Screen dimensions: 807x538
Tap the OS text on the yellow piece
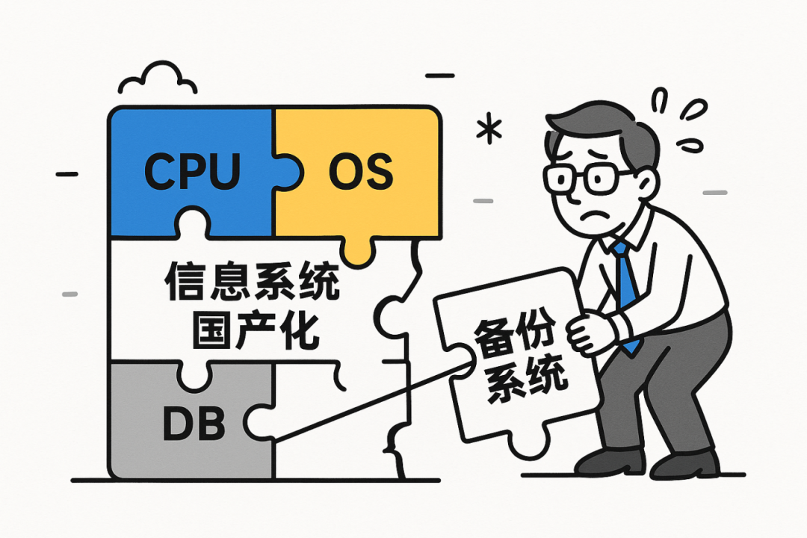tap(360, 172)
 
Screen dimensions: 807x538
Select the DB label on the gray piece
tap(194, 424)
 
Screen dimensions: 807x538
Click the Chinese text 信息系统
tap(252, 284)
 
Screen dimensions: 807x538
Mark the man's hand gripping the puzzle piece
tap(590, 333)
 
